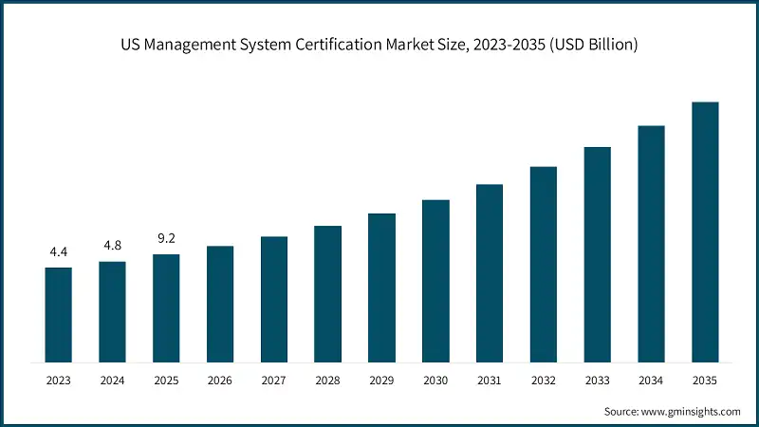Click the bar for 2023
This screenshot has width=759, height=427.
click(58, 314)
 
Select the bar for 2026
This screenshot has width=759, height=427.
click(220, 304)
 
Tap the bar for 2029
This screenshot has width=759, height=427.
click(381, 288)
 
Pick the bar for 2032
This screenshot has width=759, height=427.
click(543, 264)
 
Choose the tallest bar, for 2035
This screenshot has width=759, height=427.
click(705, 232)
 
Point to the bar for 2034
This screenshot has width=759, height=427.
click(651, 243)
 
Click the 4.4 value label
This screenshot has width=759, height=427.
click(58, 252)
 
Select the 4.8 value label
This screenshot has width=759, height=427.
click(112, 247)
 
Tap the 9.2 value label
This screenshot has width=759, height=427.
click(166, 239)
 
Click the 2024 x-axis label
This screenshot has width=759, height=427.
click(112, 381)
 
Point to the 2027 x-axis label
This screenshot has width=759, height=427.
click(273, 381)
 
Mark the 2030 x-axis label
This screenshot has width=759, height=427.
click(435, 381)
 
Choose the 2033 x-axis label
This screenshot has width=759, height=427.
click(597, 381)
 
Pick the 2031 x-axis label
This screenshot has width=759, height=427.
click(490, 381)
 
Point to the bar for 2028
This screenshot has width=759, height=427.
click(327, 293)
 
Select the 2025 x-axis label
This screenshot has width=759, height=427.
click(166, 381)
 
